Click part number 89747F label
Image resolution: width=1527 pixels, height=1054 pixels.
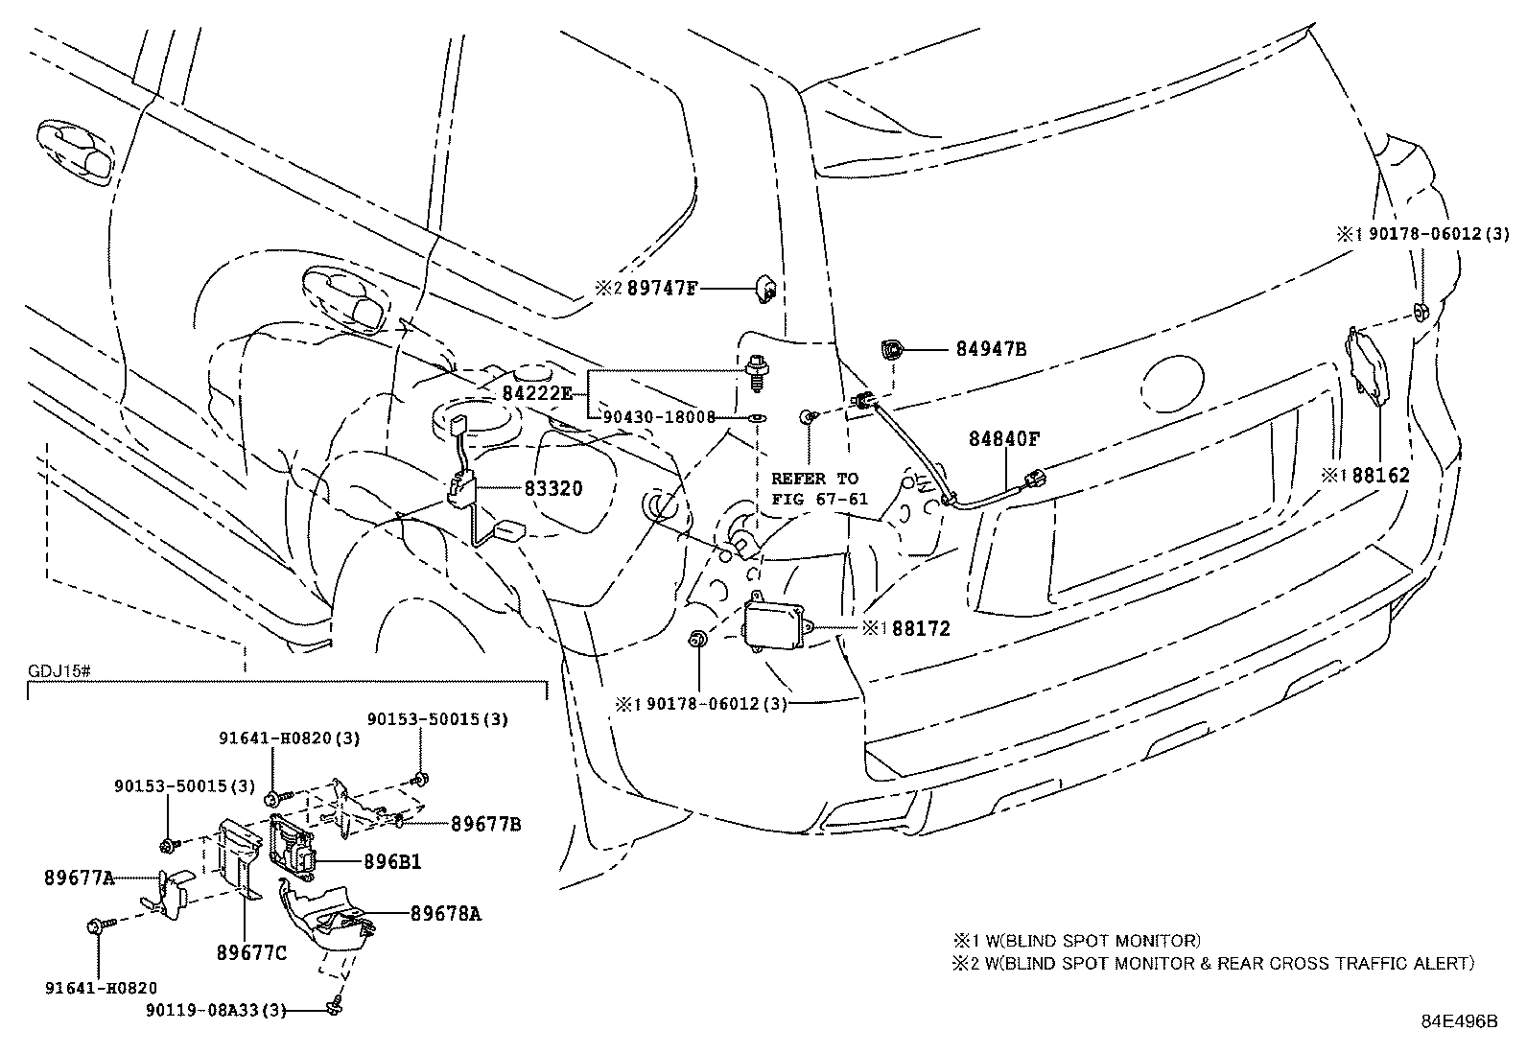(662, 288)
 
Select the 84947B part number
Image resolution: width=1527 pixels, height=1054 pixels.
(991, 350)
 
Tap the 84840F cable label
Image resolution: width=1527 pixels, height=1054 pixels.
(1003, 439)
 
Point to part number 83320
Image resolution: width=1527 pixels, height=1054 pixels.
(553, 488)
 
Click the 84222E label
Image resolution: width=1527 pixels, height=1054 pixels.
(537, 393)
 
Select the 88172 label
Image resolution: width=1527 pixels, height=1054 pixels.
(921, 629)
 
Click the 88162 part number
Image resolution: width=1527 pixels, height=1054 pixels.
(1381, 475)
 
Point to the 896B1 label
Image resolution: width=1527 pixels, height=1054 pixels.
(392, 862)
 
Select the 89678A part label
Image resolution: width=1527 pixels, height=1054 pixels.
(446, 914)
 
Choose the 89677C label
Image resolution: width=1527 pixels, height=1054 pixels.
(251, 952)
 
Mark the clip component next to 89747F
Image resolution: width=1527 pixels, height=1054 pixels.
(766, 288)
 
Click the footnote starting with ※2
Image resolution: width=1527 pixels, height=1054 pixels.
(1212, 964)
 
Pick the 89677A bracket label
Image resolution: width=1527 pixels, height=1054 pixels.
(80, 877)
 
